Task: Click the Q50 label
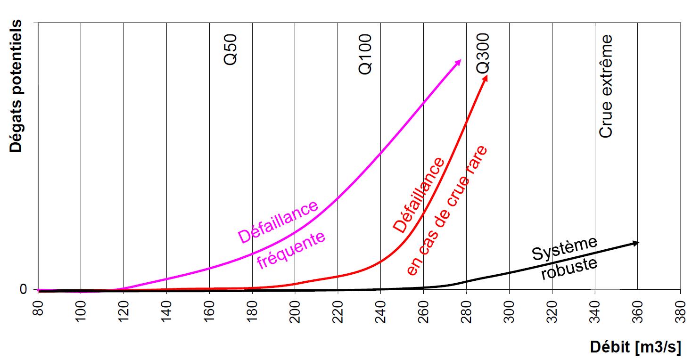pyautogui.click(x=231, y=49)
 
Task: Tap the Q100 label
pyautogui.click(x=365, y=54)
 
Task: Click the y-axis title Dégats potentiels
pyautogui.click(x=16, y=86)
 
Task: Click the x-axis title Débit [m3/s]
pyautogui.click(x=635, y=347)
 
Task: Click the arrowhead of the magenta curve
pyautogui.click(x=459, y=62)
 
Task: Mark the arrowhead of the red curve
pyautogui.click(x=486, y=77)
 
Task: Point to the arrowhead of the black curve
pyautogui.click(x=636, y=243)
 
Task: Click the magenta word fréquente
pyautogui.click(x=291, y=249)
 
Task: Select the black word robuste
pyautogui.click(x=569, y=269)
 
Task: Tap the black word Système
pyautogui.click(x=565, y=248)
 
